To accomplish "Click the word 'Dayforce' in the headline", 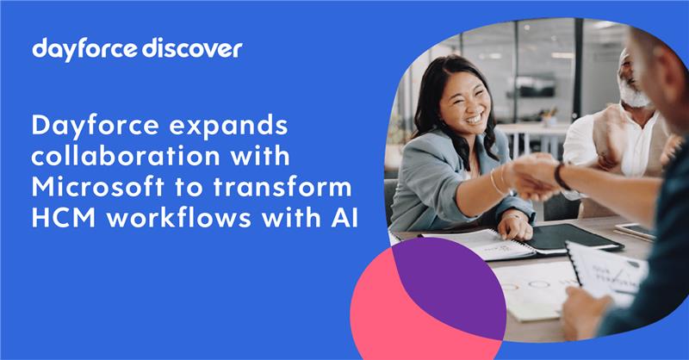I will coord(93,127).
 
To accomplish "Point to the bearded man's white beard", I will coord(636,95).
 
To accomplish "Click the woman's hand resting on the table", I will coord(515,226).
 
